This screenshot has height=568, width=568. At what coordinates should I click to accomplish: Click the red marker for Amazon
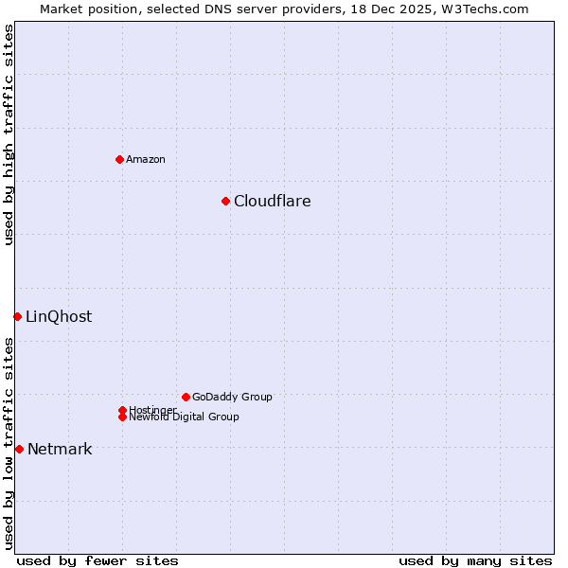coord(119,159)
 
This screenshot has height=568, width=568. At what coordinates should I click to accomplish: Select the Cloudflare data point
coord(225,201)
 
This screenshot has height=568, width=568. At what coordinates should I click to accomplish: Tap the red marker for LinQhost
coord(17,316)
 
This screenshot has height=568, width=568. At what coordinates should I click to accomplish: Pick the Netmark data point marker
coord(19,449)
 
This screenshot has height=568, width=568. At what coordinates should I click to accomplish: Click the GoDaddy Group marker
coord(186,397)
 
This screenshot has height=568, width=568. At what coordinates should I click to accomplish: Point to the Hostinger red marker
coord(122,410)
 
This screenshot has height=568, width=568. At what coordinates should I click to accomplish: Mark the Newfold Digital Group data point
coord(122,417)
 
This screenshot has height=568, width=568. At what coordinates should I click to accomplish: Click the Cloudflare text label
coord(272,201)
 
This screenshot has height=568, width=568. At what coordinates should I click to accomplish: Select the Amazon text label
coord(145,159)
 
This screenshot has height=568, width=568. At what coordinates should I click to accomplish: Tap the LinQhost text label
coord(59,316)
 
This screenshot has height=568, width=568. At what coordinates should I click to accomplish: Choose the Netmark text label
coord(60,449)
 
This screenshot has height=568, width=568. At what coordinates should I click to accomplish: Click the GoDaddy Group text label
coord(232,397)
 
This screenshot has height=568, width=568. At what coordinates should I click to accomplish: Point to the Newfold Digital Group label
coord(184,417)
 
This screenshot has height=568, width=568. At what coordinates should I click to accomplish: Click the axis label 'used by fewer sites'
coord(98,560)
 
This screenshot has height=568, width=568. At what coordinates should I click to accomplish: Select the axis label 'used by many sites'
coord(475,560)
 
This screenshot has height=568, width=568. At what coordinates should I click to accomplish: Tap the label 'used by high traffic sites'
coord(9,134)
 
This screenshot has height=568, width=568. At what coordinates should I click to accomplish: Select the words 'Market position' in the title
coord(85,9)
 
